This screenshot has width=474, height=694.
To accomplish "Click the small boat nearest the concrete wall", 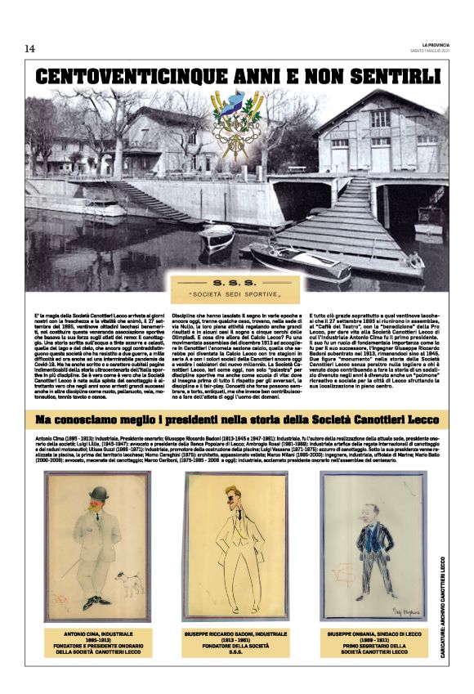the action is [x=217, y=238].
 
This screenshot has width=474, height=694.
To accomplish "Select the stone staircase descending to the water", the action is [x=150, y=201].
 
